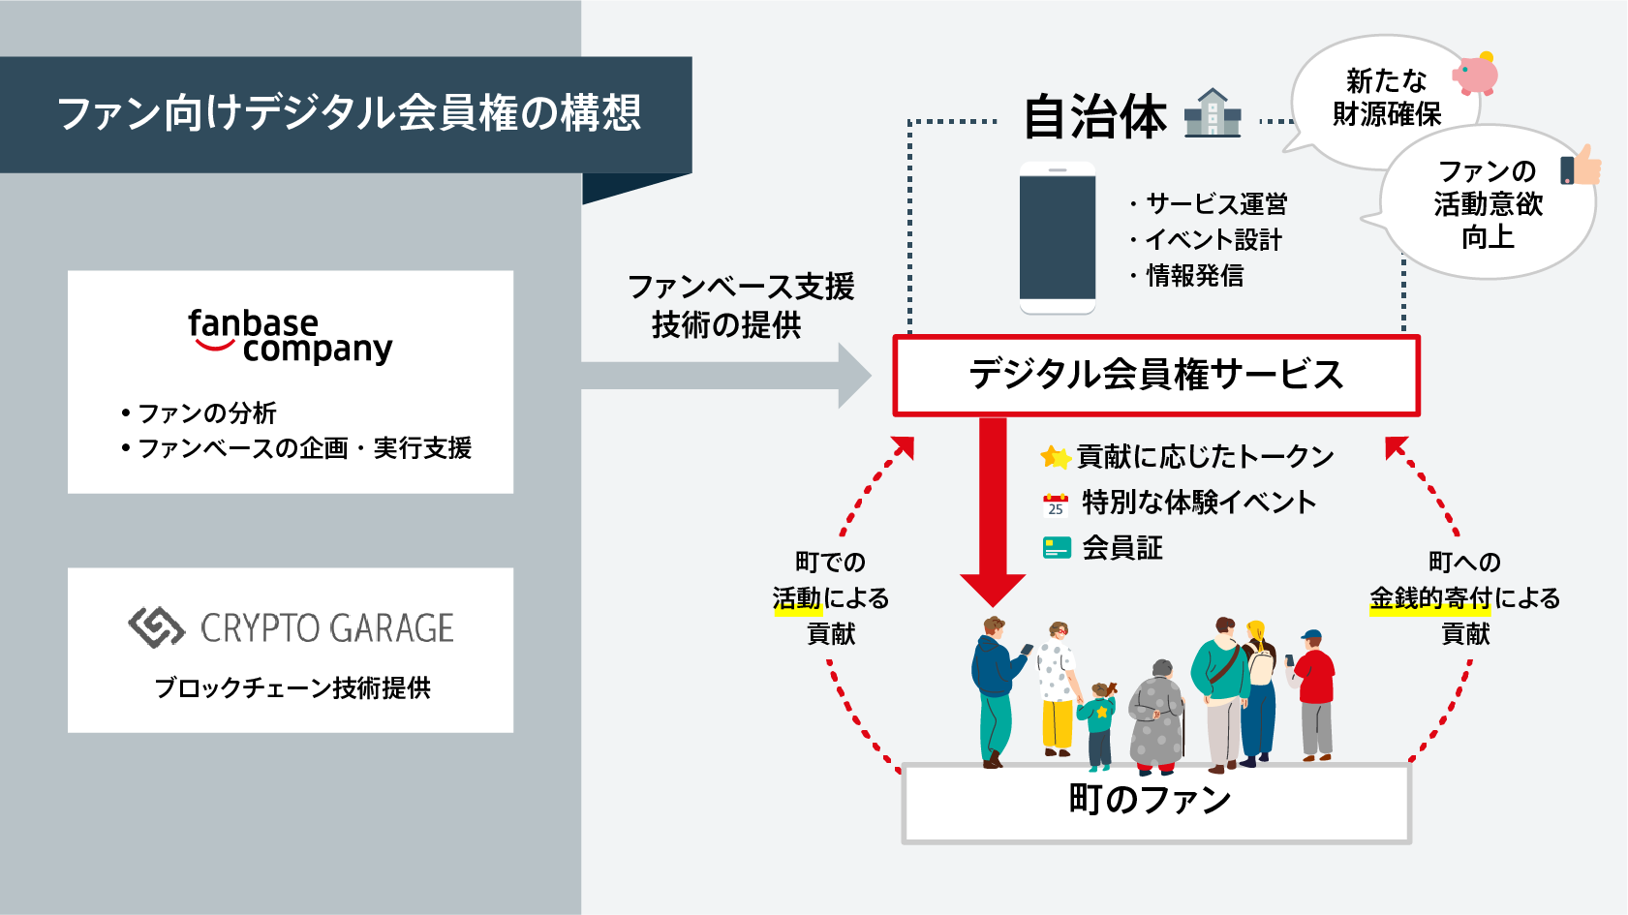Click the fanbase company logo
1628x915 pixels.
[290, 335]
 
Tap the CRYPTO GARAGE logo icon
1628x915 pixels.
[156, 627]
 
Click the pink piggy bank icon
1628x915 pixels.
[1475, 74]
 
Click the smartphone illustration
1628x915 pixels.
[1058, 238]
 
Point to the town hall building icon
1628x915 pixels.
[1213, 113]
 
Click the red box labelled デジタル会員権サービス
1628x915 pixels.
[1156, 376]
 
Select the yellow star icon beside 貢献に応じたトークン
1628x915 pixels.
[1054, 456]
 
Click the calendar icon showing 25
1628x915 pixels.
[1055, 503]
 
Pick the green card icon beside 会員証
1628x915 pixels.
[1057, 548]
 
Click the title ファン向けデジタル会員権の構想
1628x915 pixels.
[349, 113]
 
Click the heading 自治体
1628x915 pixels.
[1094, 116]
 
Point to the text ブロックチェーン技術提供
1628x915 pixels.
[292, 687]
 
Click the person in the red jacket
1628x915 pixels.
[1314, 692]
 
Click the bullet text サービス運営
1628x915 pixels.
[1216, 203]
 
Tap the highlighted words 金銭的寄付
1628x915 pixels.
[1429, 598]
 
